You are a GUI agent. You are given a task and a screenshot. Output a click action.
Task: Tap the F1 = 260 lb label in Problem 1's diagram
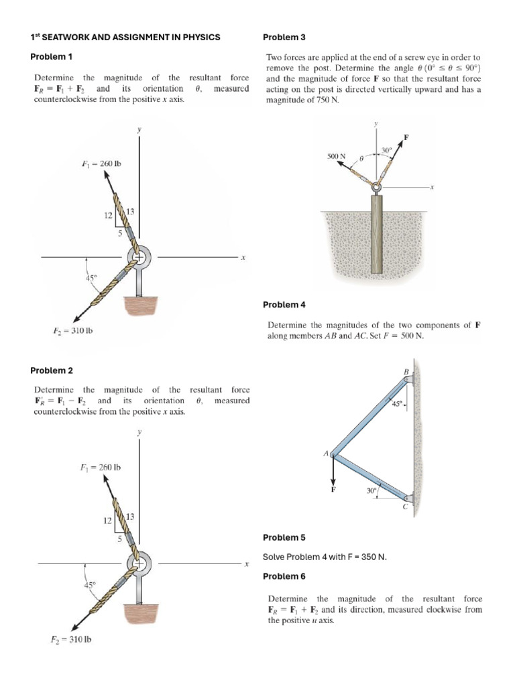[x=101, y=163]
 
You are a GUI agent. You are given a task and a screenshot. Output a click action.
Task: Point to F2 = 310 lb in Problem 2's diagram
[x=72, y=639]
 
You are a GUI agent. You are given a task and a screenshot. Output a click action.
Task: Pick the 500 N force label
[x=336, y=156]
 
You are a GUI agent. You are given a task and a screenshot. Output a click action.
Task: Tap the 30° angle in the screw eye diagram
[x=385, y=149]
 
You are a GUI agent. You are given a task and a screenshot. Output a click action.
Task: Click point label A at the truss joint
[x=327, y=454]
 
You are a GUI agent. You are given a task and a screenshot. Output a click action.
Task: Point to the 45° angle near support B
[x=398, y=404]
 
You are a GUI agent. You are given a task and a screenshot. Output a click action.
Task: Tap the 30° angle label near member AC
[x=372, y=490]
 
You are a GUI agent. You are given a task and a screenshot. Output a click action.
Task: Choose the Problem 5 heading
[x=284, y=537]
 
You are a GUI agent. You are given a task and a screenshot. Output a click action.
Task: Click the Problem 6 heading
[x=284, y=576]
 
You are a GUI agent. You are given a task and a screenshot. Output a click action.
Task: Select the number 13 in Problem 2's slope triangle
[x=130, y=517]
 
